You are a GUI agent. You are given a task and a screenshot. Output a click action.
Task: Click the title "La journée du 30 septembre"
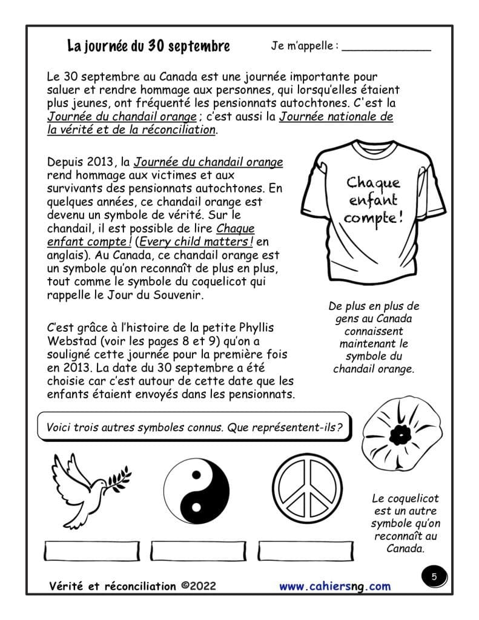[148, 46]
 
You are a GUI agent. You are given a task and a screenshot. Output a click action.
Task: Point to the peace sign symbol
[305, 490]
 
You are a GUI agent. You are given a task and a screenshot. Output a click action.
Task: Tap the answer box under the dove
[89, 551]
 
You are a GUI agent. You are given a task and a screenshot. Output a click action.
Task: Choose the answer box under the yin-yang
[196, 551]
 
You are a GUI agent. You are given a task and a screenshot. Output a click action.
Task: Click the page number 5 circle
[434, 577]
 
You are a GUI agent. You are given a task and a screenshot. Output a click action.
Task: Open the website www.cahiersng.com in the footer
[335, 586]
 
